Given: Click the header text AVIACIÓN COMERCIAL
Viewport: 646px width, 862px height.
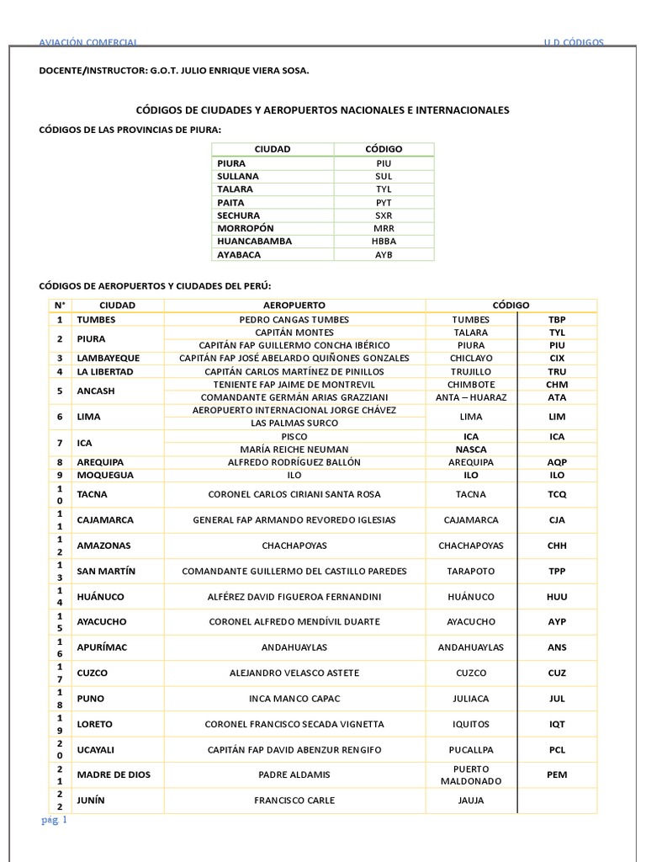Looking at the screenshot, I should click(x=89, y=43).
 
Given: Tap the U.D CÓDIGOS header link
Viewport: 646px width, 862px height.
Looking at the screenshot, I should click(x=574, y=43).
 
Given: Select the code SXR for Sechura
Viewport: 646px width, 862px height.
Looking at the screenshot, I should click(x=384, y=215).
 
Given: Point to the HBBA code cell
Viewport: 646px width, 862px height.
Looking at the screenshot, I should click(x=384, y=241).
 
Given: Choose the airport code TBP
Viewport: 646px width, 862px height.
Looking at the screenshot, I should click(x=557, y=320).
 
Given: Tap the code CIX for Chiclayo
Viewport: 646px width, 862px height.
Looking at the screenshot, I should click(x=557, y=358).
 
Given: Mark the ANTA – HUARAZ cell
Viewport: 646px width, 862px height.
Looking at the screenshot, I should click(x=470, y=397).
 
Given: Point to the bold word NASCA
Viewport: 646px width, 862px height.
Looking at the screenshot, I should click(x=470, y=450).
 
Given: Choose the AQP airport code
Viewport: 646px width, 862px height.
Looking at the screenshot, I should click(x=557, y=462).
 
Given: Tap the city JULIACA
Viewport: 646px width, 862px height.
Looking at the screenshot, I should click(x=470, y=699).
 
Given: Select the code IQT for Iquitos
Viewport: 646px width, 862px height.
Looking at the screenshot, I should click(x=557, y=724).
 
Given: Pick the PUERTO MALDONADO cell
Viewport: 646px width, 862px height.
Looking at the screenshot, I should click(x=470, y=774).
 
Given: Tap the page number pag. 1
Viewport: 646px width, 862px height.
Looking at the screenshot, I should click(x=54, y=820).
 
